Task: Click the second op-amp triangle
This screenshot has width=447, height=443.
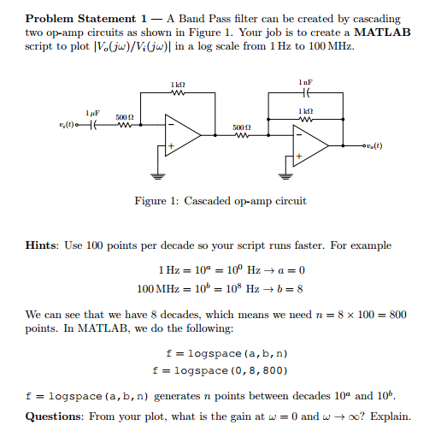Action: coord(311,147)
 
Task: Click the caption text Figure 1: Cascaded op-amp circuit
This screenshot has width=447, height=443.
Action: coord(221,202)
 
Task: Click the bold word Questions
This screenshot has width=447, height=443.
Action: coord(57,417)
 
